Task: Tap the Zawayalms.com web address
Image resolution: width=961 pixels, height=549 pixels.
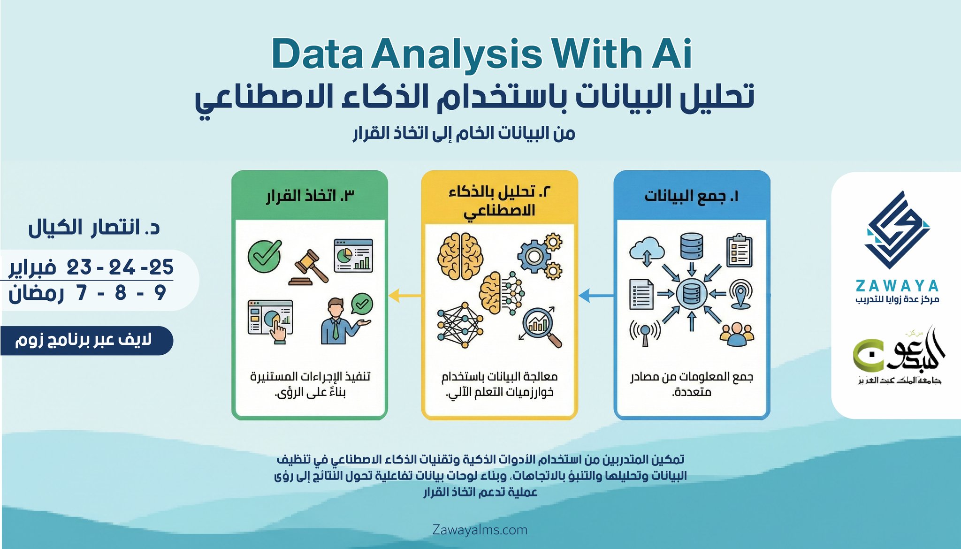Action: click(x=480, y=530)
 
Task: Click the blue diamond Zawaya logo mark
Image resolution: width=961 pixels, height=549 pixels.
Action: click(x=897, y=230)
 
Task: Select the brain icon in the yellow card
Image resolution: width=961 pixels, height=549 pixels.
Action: click(x=460, y=256)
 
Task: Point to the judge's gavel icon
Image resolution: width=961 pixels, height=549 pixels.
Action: click(x=309, y=267)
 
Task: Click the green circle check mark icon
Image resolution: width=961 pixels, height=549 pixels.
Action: click(x=265, y=256)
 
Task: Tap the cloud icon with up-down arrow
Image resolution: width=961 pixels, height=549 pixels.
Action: click(x=647, y=252)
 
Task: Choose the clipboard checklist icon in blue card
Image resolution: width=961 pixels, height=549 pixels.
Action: click(x=740, y=250)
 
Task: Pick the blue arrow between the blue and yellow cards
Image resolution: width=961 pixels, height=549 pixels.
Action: click(x=596, y=296)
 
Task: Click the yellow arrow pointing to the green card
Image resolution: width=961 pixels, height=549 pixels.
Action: click(x=405, y=296)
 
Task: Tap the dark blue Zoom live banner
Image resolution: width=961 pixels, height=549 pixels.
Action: click(x=86, y=340)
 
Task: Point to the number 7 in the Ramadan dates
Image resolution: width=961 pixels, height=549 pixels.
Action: click(x=82, y=292)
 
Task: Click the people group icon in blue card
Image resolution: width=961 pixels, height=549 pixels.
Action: click(x=737, y=334)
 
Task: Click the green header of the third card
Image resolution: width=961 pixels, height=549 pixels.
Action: click(x=310, y=195)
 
